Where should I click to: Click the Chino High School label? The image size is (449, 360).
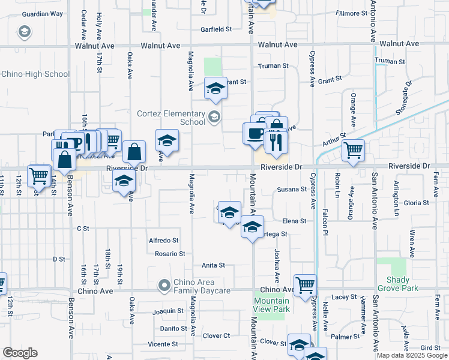(x=35, y=74)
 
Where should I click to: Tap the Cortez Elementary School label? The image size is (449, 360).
(x=171, y=118)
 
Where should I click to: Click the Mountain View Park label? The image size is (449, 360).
(x=271, y=305)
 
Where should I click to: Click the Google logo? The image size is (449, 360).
(x=20, y=353)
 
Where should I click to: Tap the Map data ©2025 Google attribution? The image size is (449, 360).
(x=412, y=355)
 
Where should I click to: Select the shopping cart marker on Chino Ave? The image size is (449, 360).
(x=305, y=285)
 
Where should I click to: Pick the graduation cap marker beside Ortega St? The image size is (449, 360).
(x=253, y=226)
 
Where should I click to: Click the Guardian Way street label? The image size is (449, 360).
(x=42, y=14)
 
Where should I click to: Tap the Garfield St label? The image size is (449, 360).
(x=216, y=29)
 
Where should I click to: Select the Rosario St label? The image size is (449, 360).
(x=170, y=254)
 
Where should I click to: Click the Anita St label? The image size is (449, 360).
(x=213, y=265)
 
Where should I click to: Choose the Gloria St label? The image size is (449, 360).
(x=416, y=203)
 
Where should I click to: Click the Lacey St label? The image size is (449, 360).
(x=344, y=297)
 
